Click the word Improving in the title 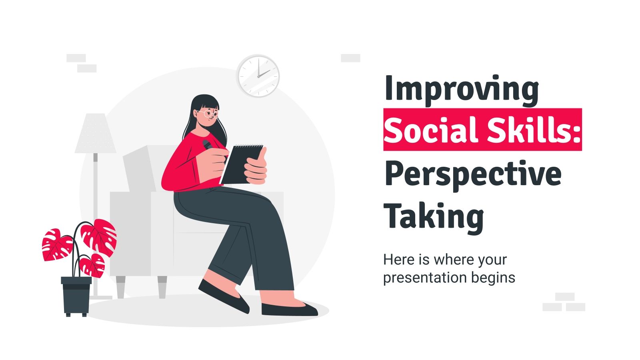click(x=461, y=90)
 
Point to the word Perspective click(x=472, y=174)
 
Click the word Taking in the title click(x=434, y=216)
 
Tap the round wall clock click(x=258, y=76)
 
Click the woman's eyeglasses click(x=211, y=114)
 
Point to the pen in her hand click(x=208, y=145)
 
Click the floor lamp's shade click(x=95, y=134)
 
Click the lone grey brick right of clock click(x=350, y=58)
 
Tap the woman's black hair click(x=200, y=104)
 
